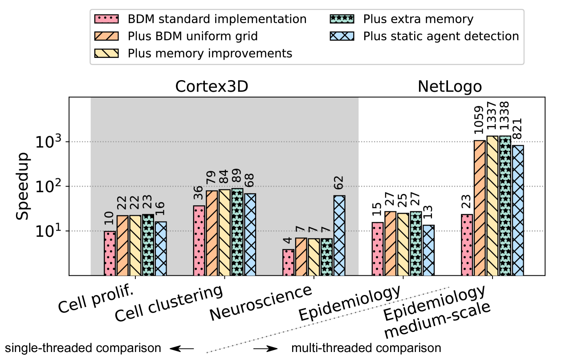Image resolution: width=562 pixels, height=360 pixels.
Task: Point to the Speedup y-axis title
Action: click(x=24, y=187)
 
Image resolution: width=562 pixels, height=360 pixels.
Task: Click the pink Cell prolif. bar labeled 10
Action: click(x=110, y=253)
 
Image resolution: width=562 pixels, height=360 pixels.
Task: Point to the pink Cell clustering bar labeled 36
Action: click(x=199, y=240)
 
